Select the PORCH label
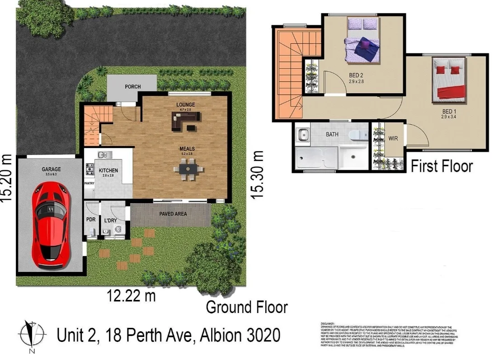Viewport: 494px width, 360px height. point(133,87)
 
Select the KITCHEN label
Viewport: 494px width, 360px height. point(108,170)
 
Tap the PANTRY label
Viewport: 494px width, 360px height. point(89,183)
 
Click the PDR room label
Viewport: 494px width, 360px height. point(91,220)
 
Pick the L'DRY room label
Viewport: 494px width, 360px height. point(112,220)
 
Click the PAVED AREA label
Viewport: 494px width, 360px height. point(172,214)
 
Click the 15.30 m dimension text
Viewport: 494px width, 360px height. point(257,174)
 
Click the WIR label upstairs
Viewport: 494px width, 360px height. point(393,138)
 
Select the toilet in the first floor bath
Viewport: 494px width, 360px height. point(357,134)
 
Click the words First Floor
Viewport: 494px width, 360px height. point(442,166)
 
